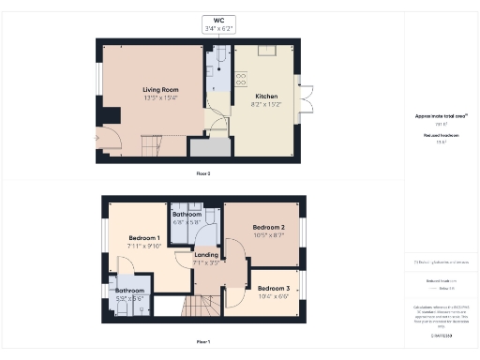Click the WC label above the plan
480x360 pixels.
tap(219, 20)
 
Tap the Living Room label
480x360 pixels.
tap(154, 89)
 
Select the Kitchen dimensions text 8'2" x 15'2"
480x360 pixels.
tap(265, 104)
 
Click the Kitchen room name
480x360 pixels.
tap(265, 97)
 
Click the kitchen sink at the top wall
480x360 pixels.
tap(266, 50)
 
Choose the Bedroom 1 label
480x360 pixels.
tap(144, 239)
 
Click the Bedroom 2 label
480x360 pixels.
tap(269, 228)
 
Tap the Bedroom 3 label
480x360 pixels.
tap(273, 288)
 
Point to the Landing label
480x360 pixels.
tap(206, 255)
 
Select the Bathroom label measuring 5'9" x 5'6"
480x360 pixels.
tap(129, 291)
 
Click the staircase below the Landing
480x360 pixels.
tap(202, 305)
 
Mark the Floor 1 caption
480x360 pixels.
tap(202, 340)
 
